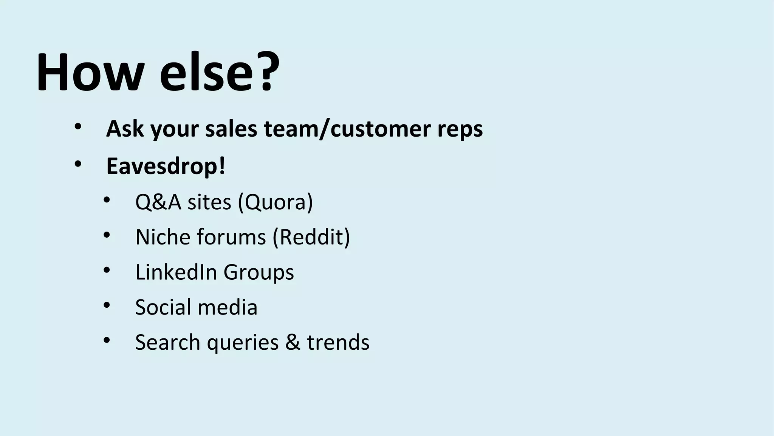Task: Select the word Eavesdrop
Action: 163,166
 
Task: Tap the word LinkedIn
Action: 176,272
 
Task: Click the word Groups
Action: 259,272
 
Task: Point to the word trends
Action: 338,342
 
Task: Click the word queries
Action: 243,343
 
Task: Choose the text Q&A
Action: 158,202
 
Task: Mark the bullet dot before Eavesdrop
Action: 78,164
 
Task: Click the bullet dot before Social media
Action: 107,305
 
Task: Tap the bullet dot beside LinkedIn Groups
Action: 107,270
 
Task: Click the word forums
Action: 231,237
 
